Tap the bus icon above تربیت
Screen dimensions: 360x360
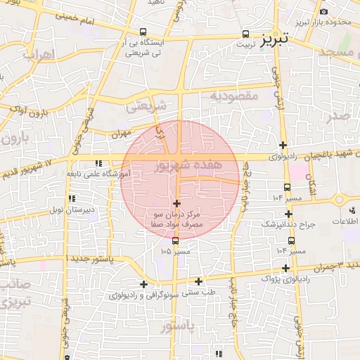(x=245, y=33)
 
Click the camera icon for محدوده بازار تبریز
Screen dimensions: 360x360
(x=323, y=12)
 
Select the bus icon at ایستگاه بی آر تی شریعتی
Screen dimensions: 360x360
(x=143, y=32)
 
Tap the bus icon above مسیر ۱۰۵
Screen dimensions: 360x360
(x=175, y=240)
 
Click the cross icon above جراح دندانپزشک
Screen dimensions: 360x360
(x=288, y=214)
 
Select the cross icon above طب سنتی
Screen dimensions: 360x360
(x=198, y=281)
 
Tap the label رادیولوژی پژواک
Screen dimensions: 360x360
(x=284, y=278)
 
